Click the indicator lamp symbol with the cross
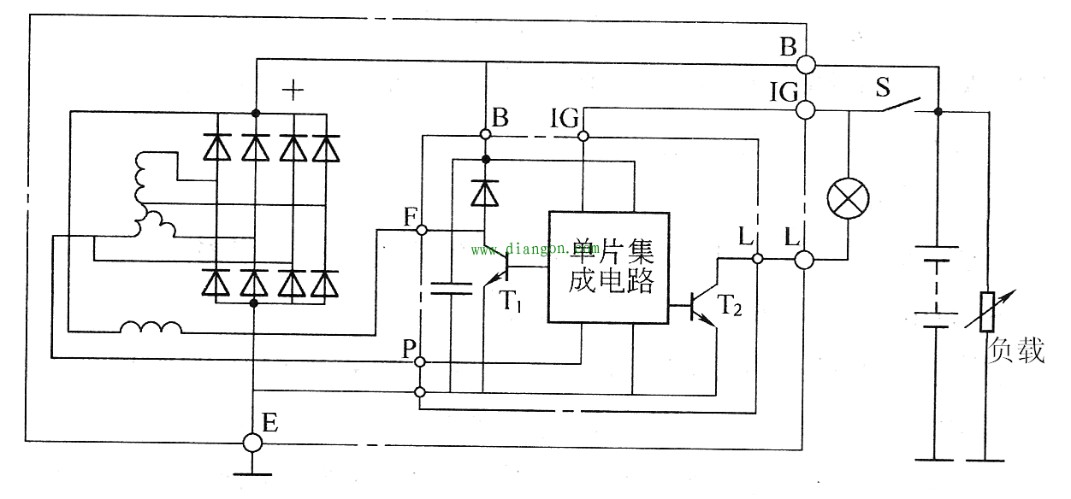[848, 200]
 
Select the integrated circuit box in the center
[607, 267]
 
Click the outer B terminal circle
[805, 64]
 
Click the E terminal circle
[252, 442]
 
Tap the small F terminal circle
[420, 230]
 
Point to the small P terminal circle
[420, 362]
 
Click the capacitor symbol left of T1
[451, 288]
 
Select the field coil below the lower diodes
[151, 327]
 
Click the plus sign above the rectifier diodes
[293, 90]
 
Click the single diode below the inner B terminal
[485, 193]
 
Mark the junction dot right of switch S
[938, 111]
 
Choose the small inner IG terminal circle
[583, 136]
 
